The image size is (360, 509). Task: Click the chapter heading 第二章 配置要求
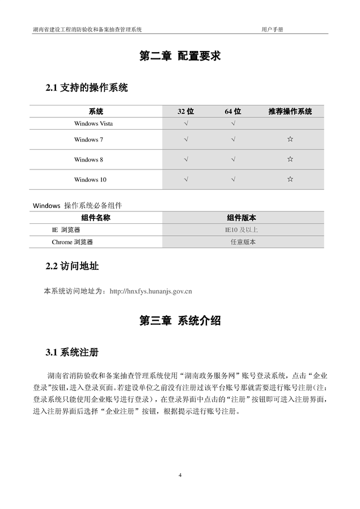(180, 56)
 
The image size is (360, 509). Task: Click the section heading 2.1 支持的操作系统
(86, 88)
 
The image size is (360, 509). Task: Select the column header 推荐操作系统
(290, 112)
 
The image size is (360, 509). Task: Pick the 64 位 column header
(233, 112)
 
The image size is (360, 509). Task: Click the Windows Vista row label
(93, 123)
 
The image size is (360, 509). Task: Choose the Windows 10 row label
(90, 180)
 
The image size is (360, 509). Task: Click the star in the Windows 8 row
(290, 160)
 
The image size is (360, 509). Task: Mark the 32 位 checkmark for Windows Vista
(186, 123)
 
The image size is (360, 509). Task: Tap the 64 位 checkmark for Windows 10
(233, 180)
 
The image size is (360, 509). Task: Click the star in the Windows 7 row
(290, 139)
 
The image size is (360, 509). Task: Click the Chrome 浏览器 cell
(72, 242)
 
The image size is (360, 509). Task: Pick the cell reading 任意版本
(243, 242)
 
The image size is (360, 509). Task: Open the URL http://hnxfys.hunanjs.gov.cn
(151, 291)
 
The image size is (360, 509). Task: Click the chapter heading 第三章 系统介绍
(180, 321)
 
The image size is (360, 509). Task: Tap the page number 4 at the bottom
(180, 474)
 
